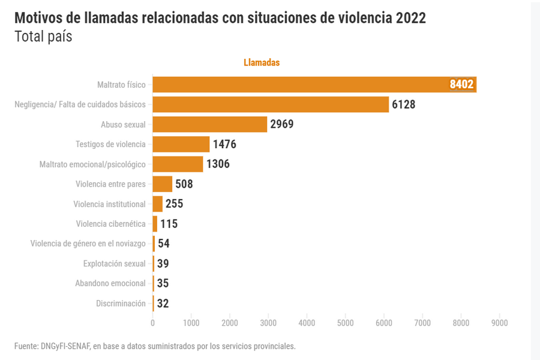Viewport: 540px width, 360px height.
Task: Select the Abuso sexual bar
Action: [210, 124]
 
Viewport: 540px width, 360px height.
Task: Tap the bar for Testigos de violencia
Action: [181, 144]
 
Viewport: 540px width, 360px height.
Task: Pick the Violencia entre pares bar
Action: [163, 184]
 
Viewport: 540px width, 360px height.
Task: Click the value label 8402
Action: [461, 85]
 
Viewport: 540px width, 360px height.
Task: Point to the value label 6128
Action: [403, 104]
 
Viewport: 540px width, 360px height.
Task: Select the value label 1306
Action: [218, 164]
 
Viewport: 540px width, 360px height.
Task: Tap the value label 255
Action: [174, 204]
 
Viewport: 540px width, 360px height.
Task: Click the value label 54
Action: [164, 244]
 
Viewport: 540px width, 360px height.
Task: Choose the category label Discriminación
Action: [121, 304]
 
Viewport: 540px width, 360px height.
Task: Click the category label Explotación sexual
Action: [114, 263]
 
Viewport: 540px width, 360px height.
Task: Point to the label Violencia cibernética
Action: [110, 224]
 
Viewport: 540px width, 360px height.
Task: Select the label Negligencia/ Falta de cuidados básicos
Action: [80, 104]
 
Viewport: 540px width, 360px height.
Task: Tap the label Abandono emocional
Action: [110, 283]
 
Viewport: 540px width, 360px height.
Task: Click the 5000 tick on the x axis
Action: [345, 323]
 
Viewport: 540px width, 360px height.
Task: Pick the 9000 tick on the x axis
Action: [499, 323]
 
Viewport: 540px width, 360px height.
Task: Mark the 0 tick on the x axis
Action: [153, 323]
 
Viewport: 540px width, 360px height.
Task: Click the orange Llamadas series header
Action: [262, 62]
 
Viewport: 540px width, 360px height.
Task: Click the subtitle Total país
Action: [43, 37]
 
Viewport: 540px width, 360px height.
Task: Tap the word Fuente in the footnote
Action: [26, 346]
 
